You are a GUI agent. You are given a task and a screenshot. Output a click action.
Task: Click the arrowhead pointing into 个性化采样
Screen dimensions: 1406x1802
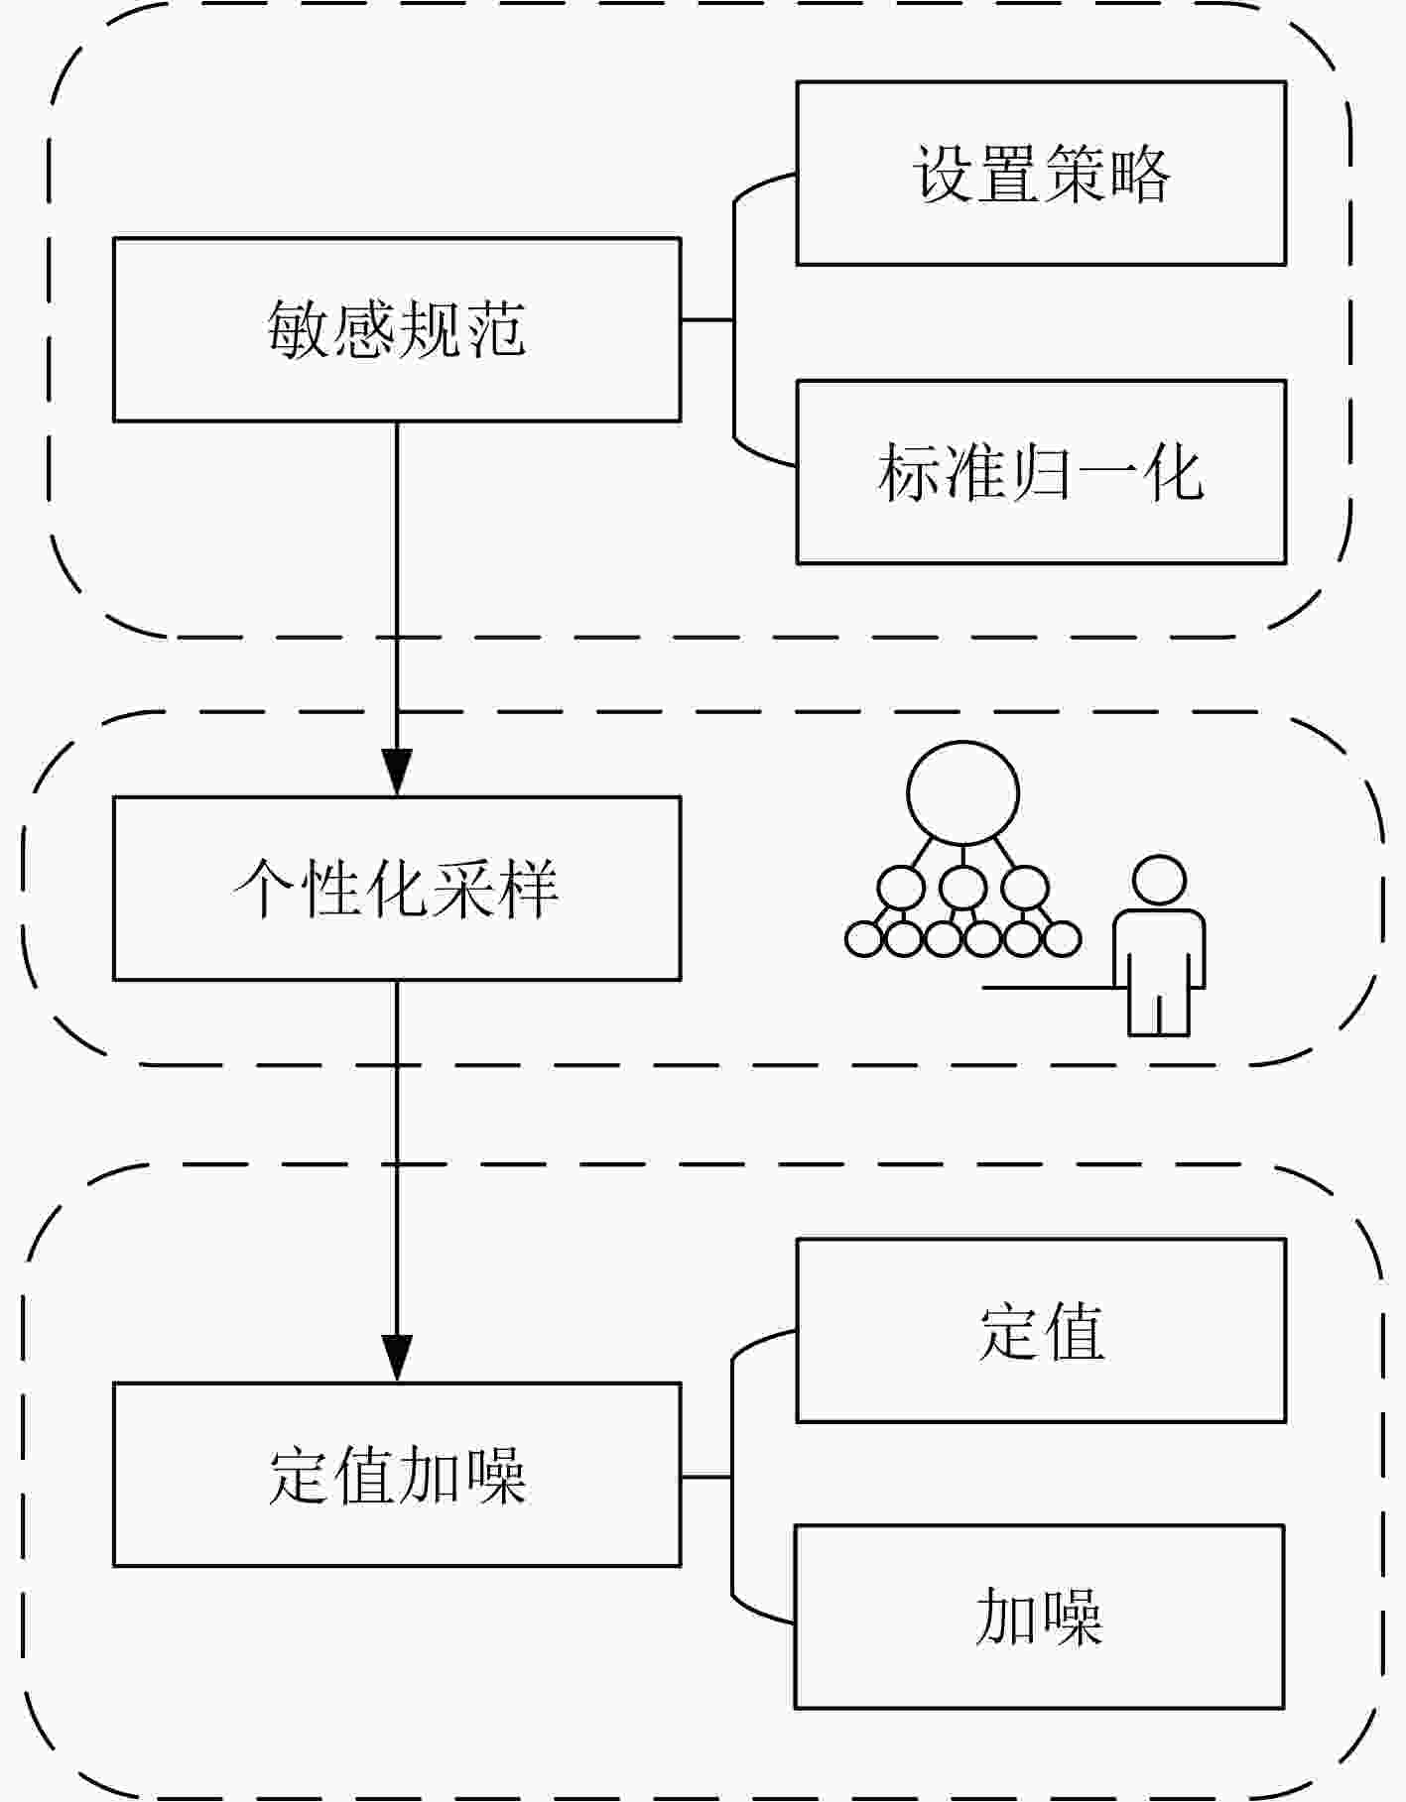(x=397, y=773)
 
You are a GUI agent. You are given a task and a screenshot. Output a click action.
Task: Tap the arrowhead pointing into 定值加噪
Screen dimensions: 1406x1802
(x=397, y=1359)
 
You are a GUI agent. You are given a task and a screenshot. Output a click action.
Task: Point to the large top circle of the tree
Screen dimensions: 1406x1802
(x=962, y=793)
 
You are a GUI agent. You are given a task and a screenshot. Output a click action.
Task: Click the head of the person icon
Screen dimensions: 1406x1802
(x=1159, y=881)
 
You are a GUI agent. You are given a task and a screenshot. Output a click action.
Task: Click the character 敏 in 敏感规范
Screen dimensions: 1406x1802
(x=299, y=329)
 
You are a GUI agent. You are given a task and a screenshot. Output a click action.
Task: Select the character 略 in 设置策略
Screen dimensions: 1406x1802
(x=1138, y=175)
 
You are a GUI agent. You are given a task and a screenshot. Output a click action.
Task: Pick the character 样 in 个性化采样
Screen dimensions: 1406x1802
(x=527, y=889)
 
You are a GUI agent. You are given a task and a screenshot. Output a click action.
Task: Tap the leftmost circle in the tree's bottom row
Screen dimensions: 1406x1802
(x=863, y=939)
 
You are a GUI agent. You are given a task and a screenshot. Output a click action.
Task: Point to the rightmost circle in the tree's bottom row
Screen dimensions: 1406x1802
(x=1062, y=939)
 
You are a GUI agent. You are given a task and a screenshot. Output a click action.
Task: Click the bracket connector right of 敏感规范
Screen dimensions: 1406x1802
(x=734, y=320)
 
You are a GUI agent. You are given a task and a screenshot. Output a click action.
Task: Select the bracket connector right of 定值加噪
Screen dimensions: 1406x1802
(x=732, y=1477)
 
